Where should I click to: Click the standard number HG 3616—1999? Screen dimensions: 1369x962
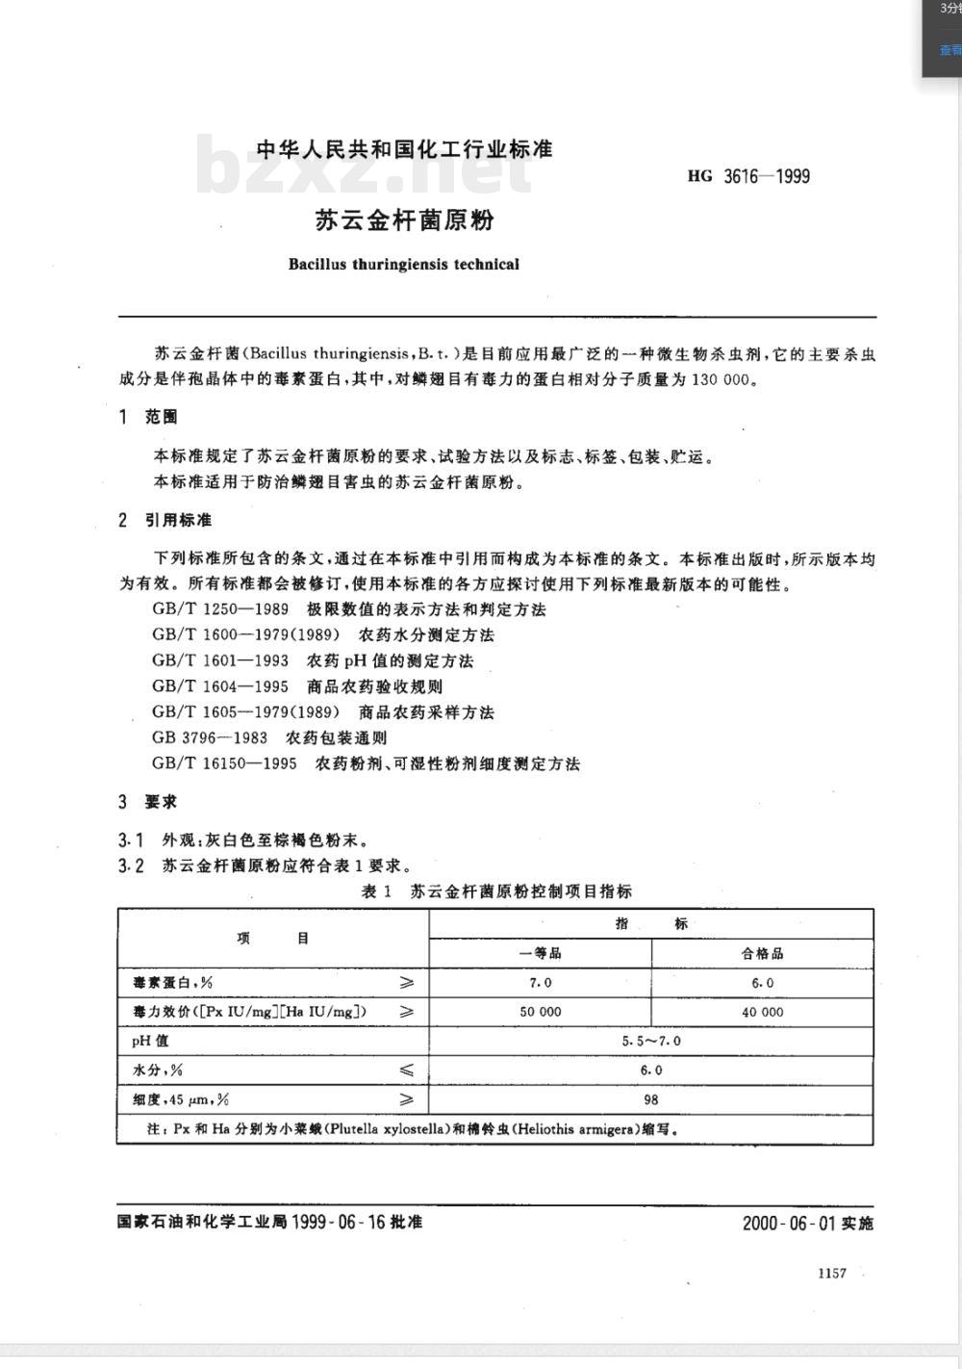point(748,176)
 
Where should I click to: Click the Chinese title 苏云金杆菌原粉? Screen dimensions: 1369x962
point(404,220)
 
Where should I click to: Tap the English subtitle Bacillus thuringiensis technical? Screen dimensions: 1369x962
point(403,264)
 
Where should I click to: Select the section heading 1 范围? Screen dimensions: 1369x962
point(148,417)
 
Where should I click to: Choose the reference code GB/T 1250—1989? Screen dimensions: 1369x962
point(220,609)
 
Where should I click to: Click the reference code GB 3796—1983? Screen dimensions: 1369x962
point(210,737)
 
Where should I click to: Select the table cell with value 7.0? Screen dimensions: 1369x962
point(541,983)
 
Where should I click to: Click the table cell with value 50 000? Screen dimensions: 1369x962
point(541,1012)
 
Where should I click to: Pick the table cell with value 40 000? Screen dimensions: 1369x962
point(762,1012)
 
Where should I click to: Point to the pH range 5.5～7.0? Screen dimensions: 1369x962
point(651,1041)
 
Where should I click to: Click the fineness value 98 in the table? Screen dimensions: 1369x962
point(651,1099)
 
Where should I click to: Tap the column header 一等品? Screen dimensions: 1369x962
point(541,953)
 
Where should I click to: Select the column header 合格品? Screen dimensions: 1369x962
point(762,953)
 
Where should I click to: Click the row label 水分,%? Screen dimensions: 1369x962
point(158,1070)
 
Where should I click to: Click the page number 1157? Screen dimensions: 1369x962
point(831,1273)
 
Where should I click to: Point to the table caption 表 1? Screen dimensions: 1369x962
point(376,891)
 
